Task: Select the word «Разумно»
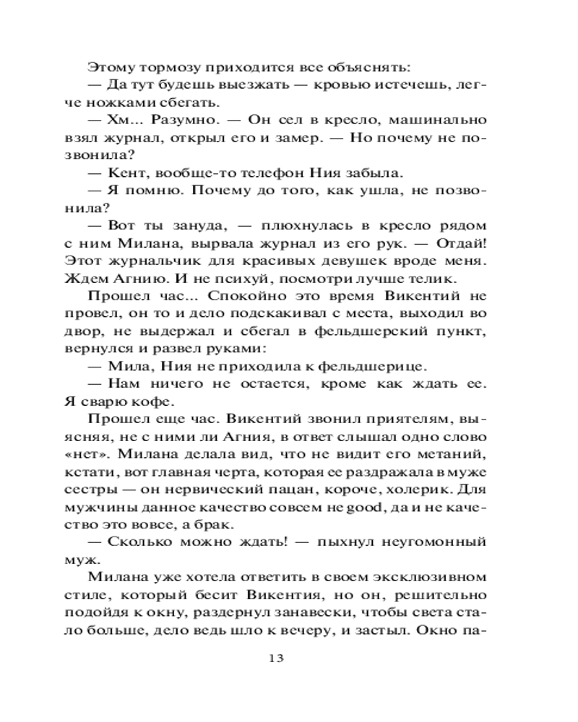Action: pos(184,118)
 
